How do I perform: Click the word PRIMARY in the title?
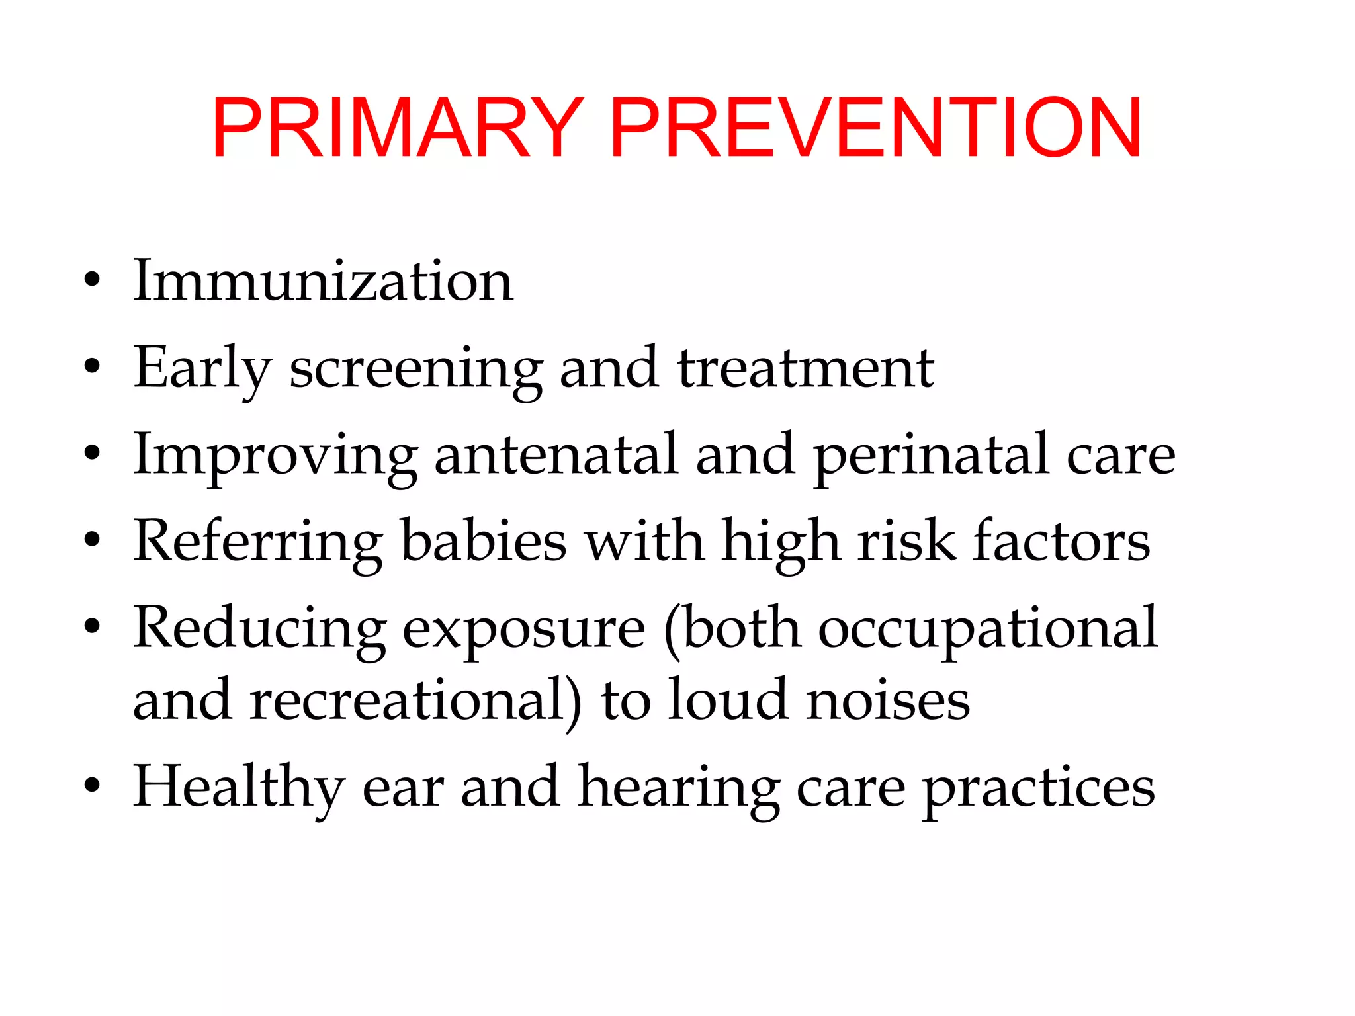click(x=397, y=128)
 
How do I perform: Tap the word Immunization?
click(x=323, y=281)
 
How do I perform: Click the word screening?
click(x=416, y=369)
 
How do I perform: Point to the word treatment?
click(x=805, y=368)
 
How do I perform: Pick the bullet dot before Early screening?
click(x=92, y=366)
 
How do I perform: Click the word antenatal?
click(x=556, y=455)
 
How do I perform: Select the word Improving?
click(x=275, y=455)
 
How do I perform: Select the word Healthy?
click(x=239, y=787)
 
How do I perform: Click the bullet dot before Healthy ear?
click(x=92, y=785)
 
